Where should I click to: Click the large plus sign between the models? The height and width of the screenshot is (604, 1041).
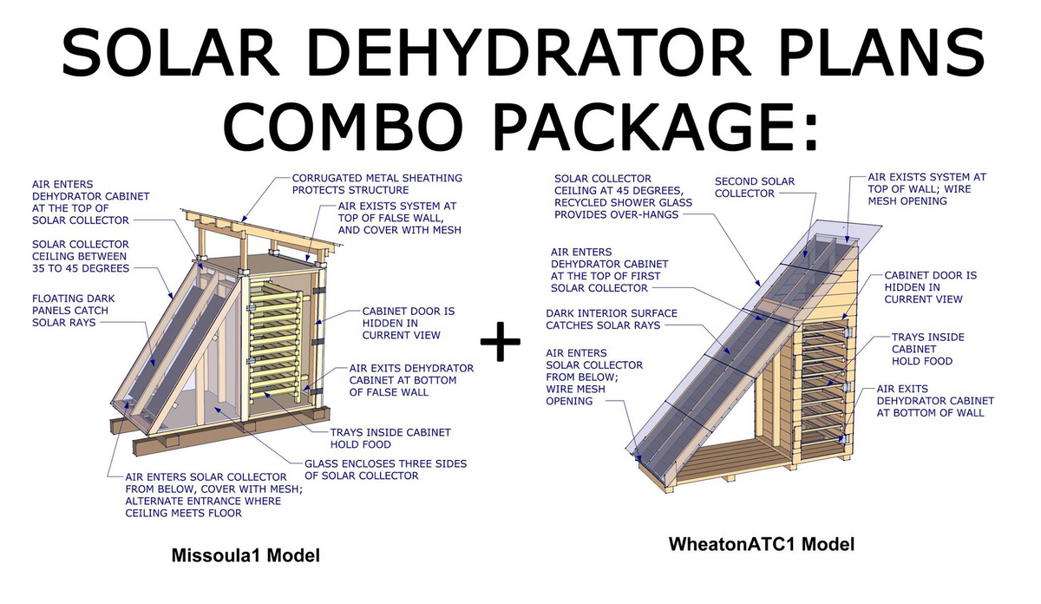pyautogui.click(x=500, y=341)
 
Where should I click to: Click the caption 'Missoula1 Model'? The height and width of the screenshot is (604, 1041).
pyautogui.click(x=246, y=555)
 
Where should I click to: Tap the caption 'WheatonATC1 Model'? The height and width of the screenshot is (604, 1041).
pyautogui.click(x=762, y=544)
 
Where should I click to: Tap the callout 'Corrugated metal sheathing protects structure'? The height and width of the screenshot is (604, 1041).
pyautogui.click(x=376, y=184)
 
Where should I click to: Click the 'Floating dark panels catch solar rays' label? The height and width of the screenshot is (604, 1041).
pyautogui.click(x=74, y=310)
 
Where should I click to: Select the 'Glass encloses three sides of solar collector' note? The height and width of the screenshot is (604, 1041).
pyautogui.click(x=385, y=469)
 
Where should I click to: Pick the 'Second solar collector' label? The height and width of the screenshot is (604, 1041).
pyautogui.click(x=755, y=187)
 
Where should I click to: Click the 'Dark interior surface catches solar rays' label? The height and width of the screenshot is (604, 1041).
pyautogui.click(x=611, y=319)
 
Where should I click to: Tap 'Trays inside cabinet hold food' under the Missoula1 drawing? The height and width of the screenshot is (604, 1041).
pyautogui.click(x=390, y=438)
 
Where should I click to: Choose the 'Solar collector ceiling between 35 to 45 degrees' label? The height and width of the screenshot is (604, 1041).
pyautogui.click(x=81, y=256)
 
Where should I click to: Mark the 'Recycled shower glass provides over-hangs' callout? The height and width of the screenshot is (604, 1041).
pyautogui.click(x=623, y=209)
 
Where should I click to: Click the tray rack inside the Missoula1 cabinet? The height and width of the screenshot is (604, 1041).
pyautogui.click(x=275, y=340)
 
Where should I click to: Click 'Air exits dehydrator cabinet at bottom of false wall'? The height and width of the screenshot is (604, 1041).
pyautogui.click(x=412, y=380)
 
